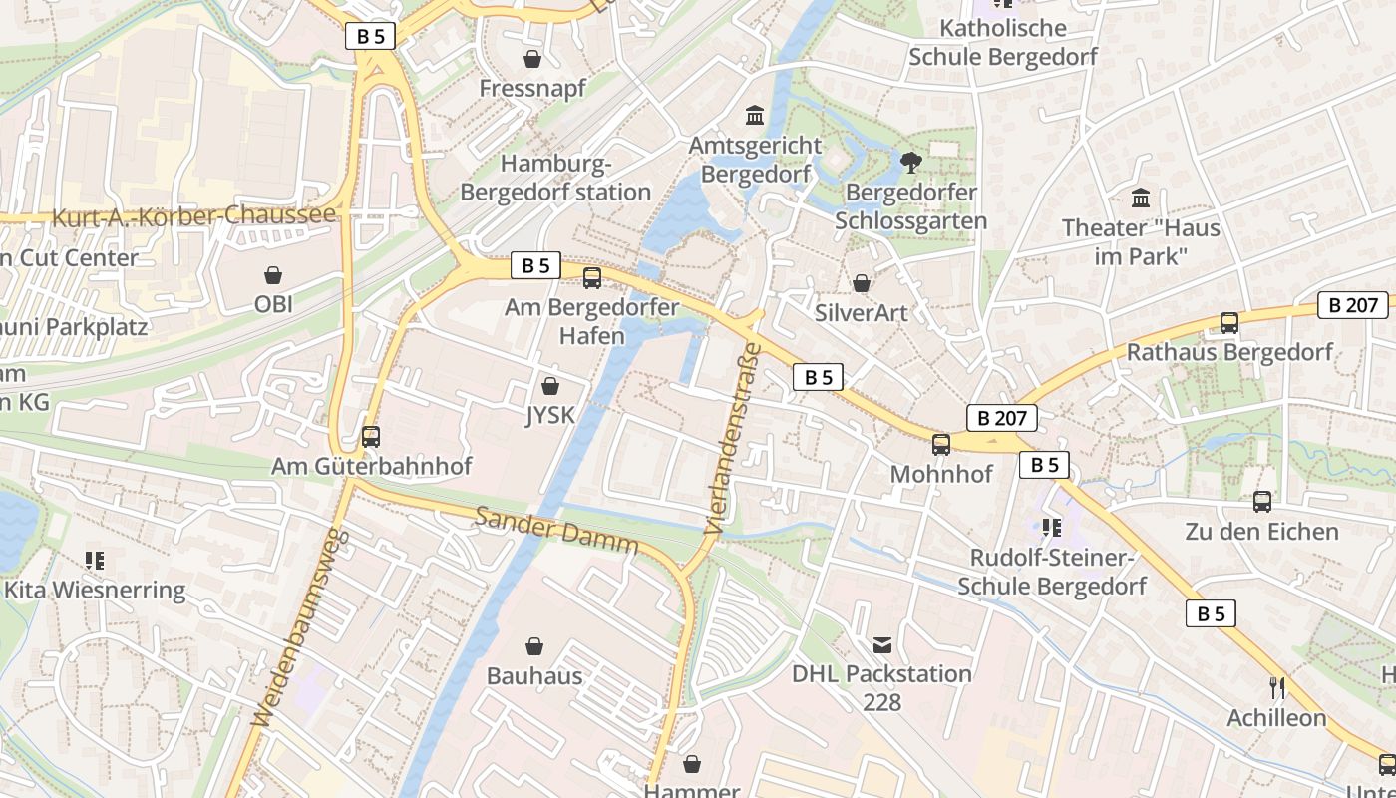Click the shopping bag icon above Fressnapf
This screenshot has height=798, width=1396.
tap(532, 59)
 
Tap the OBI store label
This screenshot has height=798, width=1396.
tap(273, 304)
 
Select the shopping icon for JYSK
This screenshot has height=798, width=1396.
tap(549, 386)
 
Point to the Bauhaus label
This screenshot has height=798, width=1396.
tap(534, 675)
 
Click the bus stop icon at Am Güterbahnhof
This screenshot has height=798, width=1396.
tap(371, 436)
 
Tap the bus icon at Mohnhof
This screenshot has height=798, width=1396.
tap(940, 444)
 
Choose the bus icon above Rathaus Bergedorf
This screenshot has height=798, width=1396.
tap(1228, 322)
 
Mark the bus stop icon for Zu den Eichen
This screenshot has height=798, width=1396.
tap(1261, 501)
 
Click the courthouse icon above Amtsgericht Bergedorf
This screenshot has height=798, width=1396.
tap(755, 116)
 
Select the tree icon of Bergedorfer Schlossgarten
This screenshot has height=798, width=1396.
tap(910, 162)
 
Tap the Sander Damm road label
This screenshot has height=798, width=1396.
tap(556, 531)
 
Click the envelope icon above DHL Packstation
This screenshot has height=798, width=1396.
tap(881, 645)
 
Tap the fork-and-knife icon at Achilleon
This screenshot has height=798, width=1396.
tap(1276, 687)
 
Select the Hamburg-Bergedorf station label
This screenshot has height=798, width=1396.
tap(555, 178)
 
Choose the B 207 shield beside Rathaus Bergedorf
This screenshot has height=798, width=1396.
tap(1352, 305)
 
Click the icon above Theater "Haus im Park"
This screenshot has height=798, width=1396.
tap(1141, 198)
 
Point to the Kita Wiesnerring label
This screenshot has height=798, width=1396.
tap(95, 590)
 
